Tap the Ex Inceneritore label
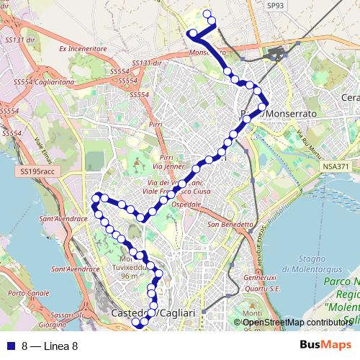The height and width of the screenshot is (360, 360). click(x=83, y=49)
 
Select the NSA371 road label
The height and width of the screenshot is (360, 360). click(x=336, y=166)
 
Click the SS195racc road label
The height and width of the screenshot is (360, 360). click(x=37, y=172)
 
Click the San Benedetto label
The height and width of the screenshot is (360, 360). click(x=230, y=224)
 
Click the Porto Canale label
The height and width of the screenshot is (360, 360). click(x=28, y=293)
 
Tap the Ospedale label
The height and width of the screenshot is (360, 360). click(x=186, y=204)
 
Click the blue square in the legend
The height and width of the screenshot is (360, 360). click(x=9, y=346)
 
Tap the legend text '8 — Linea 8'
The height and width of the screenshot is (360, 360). click(x=49, y=346)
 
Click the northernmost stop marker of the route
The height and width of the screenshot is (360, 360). click(x=208, y=14)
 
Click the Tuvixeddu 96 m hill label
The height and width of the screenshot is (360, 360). click(x=129, y=268)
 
